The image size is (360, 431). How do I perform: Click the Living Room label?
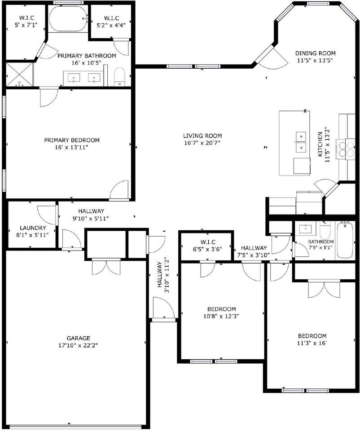[x=202, y=136]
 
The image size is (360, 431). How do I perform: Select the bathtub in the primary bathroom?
[x=67, y=19]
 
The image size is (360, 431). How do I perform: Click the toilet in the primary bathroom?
[x=119, y=76]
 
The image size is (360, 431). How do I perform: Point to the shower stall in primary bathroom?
[x=19, y=75]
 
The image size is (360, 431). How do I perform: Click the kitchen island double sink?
[x=300, y=141]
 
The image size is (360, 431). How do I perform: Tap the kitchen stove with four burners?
[x=346, y=149]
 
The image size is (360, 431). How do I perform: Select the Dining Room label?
[x=316, y=53]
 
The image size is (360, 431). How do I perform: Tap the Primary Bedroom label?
[x=72, y=140]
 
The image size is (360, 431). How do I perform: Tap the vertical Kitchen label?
[x=320, y=144]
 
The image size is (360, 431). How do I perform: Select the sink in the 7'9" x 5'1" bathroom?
[x=307, y=229]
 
